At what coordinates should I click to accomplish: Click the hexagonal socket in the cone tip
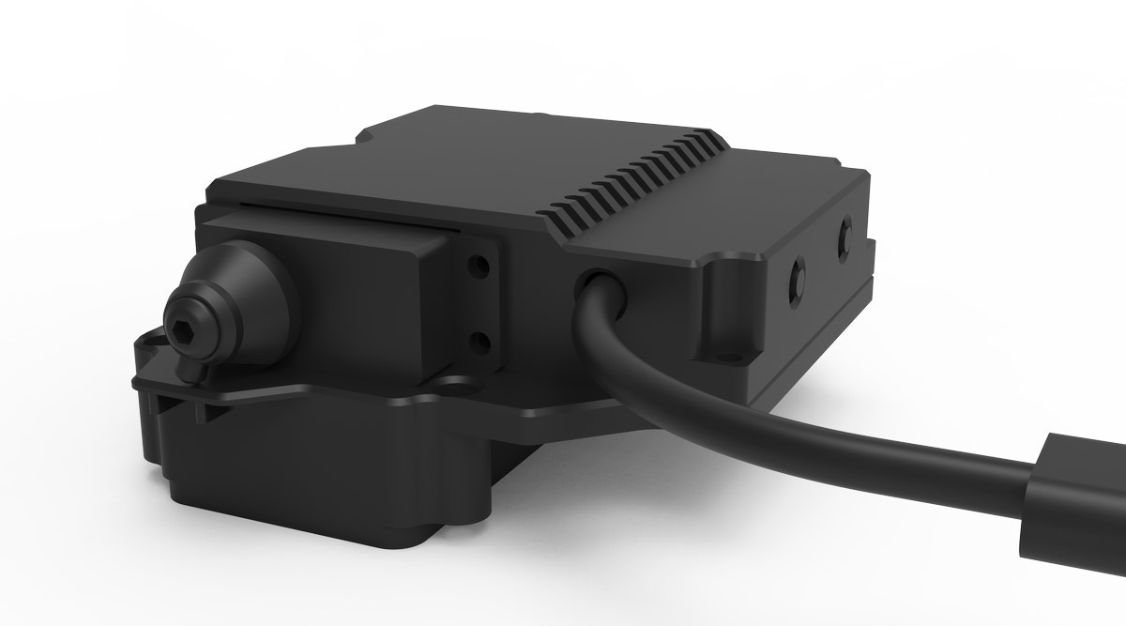185,325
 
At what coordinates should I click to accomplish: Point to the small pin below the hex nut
193,374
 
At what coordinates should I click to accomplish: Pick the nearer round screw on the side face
799,276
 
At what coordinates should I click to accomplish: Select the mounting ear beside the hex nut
150,357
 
